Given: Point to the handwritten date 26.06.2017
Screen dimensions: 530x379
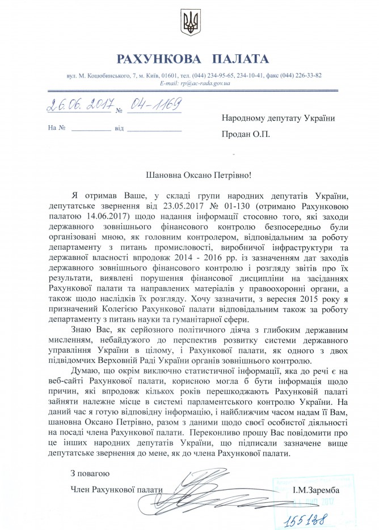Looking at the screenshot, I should point(74,105).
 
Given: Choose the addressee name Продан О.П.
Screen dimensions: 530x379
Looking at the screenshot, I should point(246,134).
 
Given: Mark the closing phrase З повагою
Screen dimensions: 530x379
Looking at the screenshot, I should point(90,472).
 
